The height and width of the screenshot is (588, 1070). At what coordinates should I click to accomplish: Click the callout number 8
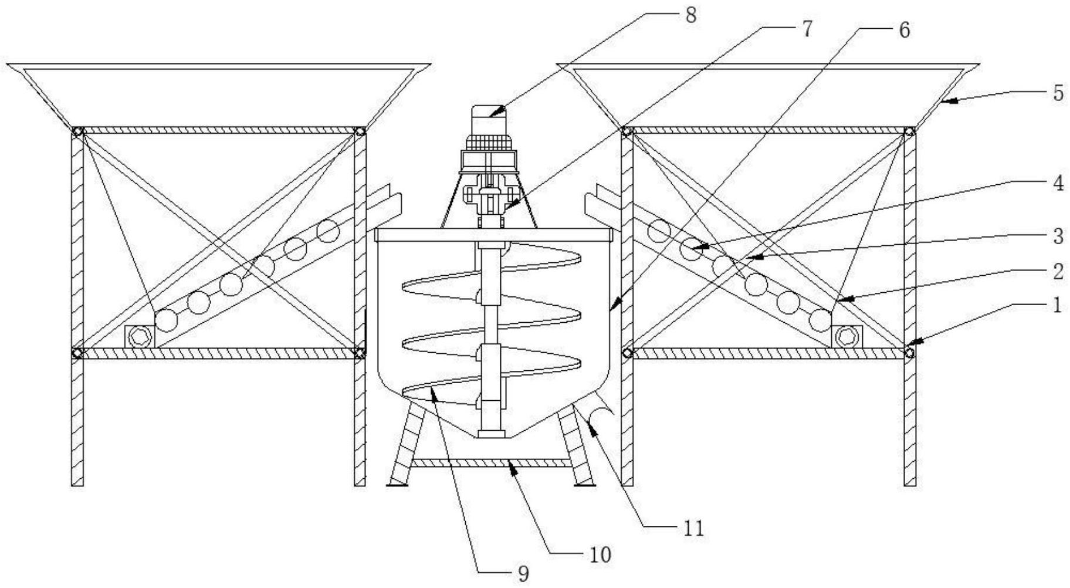point(690,15)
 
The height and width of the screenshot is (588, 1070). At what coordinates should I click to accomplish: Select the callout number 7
point(807,29)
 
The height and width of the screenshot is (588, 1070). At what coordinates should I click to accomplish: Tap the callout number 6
point(904,30)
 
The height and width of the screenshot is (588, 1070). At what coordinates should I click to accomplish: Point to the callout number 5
point(1058,93)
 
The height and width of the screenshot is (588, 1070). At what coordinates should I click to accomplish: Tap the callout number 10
point(600,555)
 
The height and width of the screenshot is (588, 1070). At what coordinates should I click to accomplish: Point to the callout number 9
point(523,574)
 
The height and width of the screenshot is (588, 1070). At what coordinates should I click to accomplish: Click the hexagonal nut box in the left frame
point(140,337)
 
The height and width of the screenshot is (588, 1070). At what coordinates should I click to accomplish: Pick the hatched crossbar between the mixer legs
point(490,463)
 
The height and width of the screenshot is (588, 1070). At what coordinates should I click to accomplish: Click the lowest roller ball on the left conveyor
point(167,320)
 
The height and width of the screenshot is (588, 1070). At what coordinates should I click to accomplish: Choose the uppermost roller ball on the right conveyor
point(659,231)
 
